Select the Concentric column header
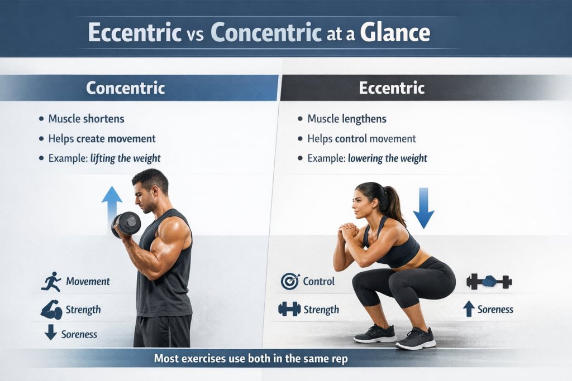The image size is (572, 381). (125, 88)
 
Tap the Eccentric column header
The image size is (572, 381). (392, 88)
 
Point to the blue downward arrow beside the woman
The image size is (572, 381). (423, 208)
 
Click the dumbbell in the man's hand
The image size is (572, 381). (127, 223)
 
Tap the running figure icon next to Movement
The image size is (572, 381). (51, 282)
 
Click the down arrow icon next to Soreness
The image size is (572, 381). (51, 333)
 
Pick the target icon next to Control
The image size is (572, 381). (289, 282)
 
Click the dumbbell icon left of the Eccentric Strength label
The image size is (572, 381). (289, 308)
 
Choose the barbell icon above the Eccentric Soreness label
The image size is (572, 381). (489, 282)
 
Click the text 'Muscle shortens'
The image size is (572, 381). (86, 119)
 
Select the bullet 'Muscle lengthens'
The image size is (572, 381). (346, 119)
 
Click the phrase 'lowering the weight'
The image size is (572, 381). (388, 158)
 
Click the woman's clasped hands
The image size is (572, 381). (350, 229)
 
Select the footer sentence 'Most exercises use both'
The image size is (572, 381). (251, 359)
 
